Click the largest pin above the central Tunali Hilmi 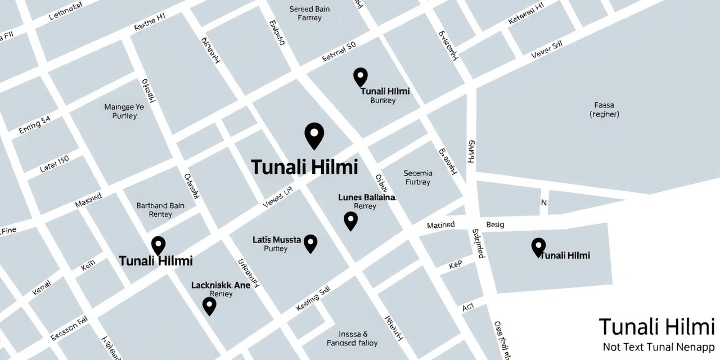pos(314,135)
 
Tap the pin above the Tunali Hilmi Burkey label pos(360,76)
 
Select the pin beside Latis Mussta pos(310,244)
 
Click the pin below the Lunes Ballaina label pos(350,220)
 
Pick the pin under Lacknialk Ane pos(209,305)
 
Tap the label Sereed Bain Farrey pos(309,13)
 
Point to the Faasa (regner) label pos(604,109)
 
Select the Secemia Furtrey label pos(418,177)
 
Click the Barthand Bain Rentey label pos(160,210)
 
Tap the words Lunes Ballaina pos(367,197)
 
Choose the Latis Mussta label pos(277,240)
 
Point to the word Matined pos(440,225)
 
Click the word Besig pos(495,225)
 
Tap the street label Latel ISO pos(54,164)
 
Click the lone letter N pos(543,202)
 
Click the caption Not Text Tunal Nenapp pos(658,346)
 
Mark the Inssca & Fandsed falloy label pos(352,338)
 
